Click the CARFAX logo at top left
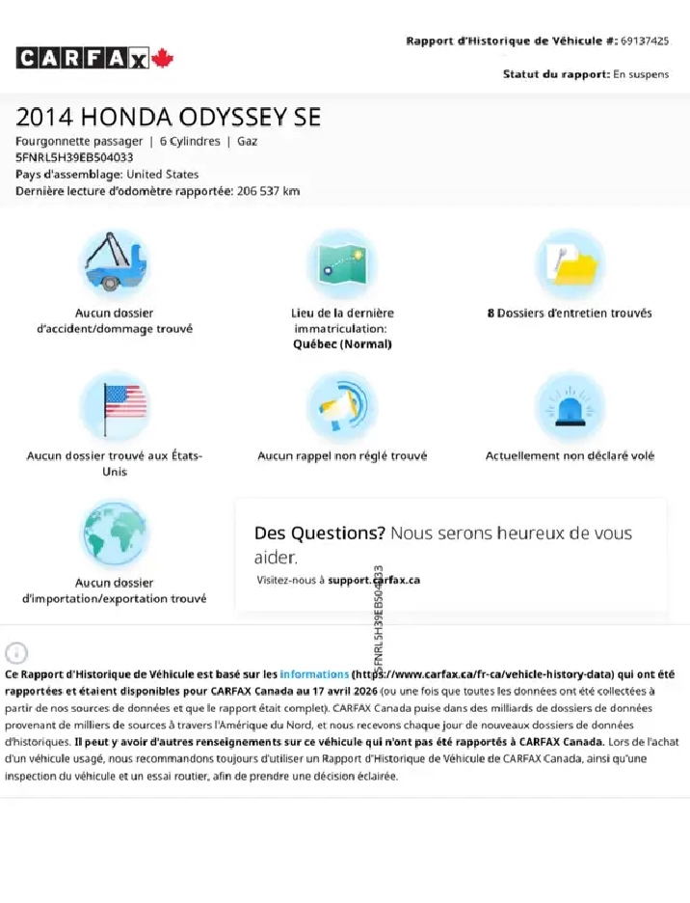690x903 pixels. (x=83, y=59)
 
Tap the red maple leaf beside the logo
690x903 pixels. (x=162, y=59)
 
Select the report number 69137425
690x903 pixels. (x=645, y=41)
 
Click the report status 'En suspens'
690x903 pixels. (x=641, y=74)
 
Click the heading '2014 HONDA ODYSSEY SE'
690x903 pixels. (x=168, y=118)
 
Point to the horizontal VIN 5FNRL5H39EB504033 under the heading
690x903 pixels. (x=74, y=157)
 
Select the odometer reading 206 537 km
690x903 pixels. (x=268, y=191)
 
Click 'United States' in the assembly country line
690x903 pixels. (x=163, y=175)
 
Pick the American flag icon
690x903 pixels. (x=114, y=404)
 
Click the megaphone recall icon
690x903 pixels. (x=342, y=404)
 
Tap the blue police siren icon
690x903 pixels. (x=570, y=404)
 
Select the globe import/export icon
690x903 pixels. (x=114, y=533)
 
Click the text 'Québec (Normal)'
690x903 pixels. (x=342, y=344)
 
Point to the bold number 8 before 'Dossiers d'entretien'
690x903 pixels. (x=491, y=314)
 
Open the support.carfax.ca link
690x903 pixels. (x=374, y=580)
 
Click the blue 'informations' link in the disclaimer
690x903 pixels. (x=314, y=674)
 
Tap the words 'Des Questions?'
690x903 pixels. (x=319, y=534)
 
